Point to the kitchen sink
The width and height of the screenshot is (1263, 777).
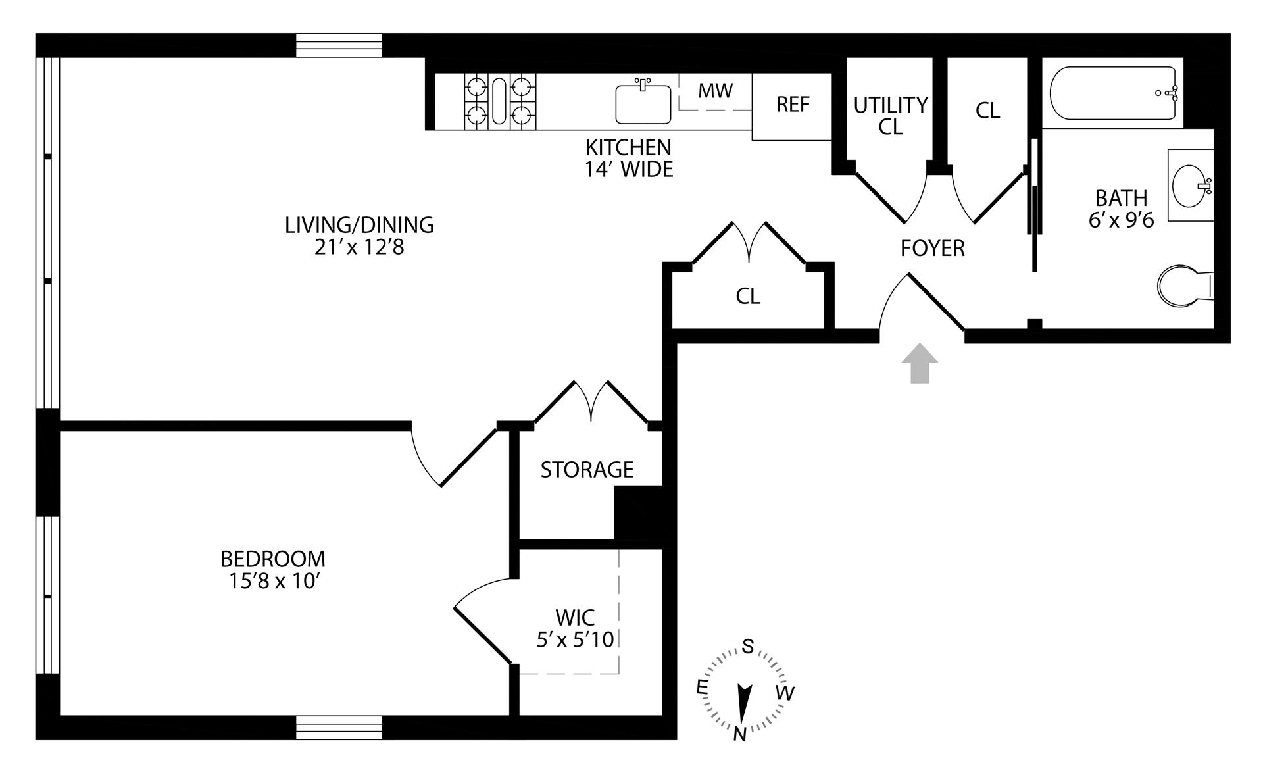tap(643, 104)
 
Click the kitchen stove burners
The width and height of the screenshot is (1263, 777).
tap(500, 101)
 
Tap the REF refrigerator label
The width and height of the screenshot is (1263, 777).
tap(793, 104)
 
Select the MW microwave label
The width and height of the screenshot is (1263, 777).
tap(715, 91)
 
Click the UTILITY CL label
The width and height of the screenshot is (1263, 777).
tap(891, 115)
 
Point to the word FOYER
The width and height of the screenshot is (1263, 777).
tap(932, 249)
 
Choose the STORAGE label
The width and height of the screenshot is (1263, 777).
tap(587, 470)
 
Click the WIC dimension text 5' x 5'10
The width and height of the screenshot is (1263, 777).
tap(575, 639)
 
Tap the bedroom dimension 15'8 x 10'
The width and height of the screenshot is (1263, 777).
tap(272, 582)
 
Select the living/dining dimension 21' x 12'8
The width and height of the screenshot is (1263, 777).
tap(359, 247)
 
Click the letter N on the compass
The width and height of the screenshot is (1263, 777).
tap(739, 734)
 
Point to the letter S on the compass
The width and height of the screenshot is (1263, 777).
tap(748, 647)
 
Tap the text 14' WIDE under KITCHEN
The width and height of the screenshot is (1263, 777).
tap(628, 170)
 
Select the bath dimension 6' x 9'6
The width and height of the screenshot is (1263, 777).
tap(1121, 220)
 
